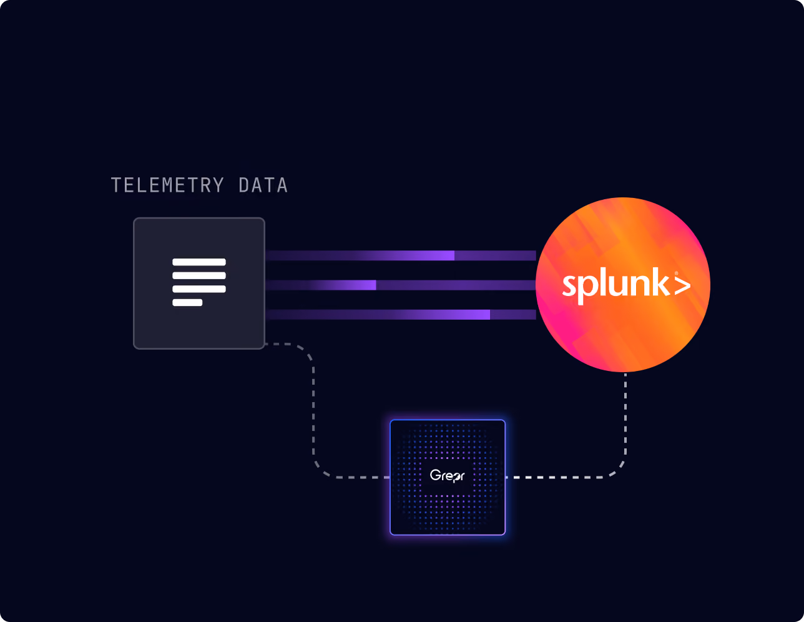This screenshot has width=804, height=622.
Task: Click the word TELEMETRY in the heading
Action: click(168, 185)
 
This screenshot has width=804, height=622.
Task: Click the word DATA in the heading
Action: click(263, 185)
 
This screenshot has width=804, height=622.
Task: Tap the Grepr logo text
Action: click(447, 475)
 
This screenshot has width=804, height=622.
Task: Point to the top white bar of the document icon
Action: click(199, 262)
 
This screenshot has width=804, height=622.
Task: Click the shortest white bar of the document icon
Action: click(187, 303)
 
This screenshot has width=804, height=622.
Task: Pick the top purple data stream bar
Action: click(400, 255)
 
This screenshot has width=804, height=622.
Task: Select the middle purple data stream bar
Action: click(400, 285)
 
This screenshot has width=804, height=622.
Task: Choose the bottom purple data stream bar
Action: click(400, 315)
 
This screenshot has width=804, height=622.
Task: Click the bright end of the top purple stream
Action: click(452, 255)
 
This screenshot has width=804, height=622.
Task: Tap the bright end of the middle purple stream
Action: click(373, 285)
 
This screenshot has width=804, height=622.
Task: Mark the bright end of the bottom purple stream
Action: click(488, 315)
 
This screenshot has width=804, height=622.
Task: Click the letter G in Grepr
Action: click(435, 475)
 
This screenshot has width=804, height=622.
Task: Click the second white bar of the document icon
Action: click(199, 275)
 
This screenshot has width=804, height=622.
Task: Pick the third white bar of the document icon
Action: click(199, 289)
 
